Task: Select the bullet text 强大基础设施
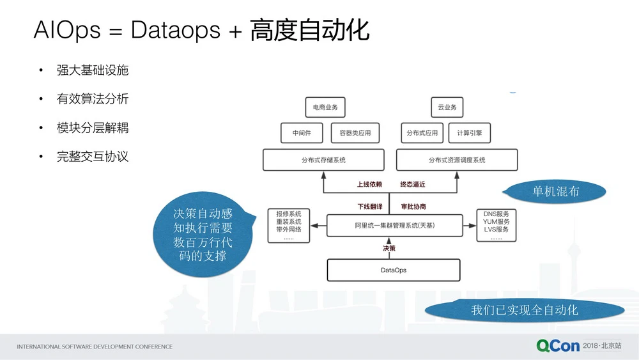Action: (x=92, y=70)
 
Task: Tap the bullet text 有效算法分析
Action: (x=92, y=98)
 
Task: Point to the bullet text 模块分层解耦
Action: (x=92, y=128)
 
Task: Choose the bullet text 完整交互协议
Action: (x=92, y=157)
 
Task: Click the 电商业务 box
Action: (x=325, y=107)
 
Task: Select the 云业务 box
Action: (x=447, y=107)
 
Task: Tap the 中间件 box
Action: (x=302, y=133)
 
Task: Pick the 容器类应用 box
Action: (x=355, y=133)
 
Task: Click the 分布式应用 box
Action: (x=422, y=133)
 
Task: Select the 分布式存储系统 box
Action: (x=323, y=160)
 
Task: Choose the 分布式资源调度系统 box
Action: (x=457, y=160)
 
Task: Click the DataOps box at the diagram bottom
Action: (x=394, y=270)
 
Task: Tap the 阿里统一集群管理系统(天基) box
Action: (x=394, y=225)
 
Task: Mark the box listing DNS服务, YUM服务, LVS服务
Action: (x=496, y=225)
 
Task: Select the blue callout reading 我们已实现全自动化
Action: (x=524, y=310)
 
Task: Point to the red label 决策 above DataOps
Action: (x=389, y=248)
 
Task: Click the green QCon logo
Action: (x=558, y=346)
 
